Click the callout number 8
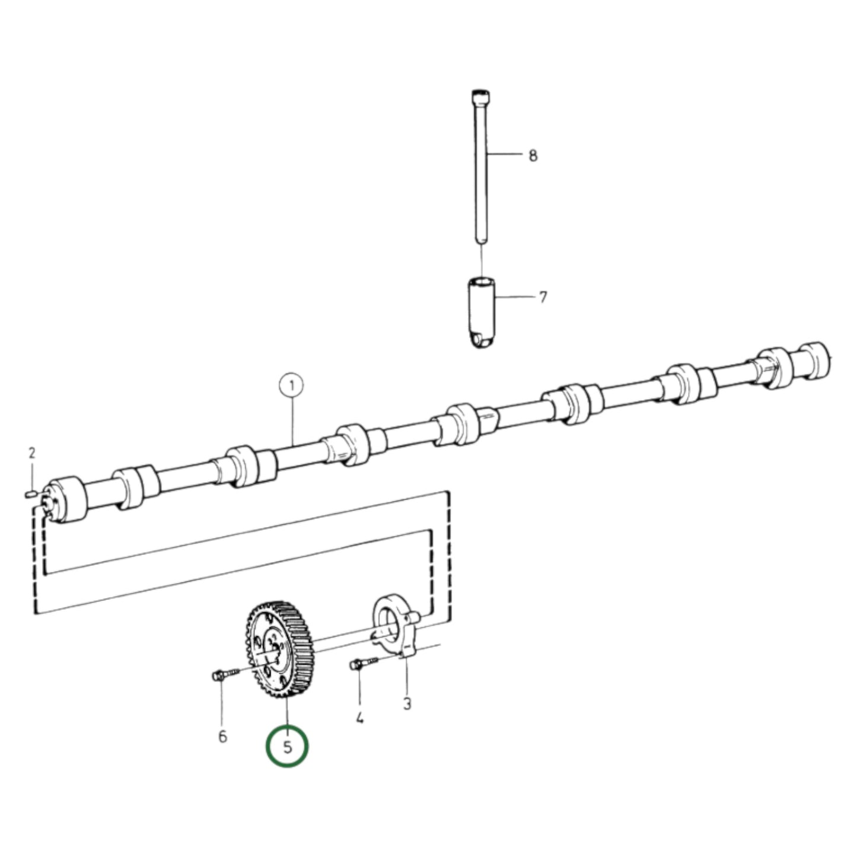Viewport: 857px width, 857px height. pos(533,156)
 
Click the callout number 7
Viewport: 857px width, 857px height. pos(543,297)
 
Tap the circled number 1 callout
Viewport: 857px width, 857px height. pos(291,387)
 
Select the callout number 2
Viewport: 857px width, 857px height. pos(32,454)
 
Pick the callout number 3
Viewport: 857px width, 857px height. pos(407,704)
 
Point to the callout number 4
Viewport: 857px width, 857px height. pos(359,719)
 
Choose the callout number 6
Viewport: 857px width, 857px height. pos(222,737)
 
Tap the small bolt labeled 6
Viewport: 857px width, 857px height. pos(222,674)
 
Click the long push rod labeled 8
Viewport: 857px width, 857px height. pos(481,172)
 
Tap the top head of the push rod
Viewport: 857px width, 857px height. pos(481,95)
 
